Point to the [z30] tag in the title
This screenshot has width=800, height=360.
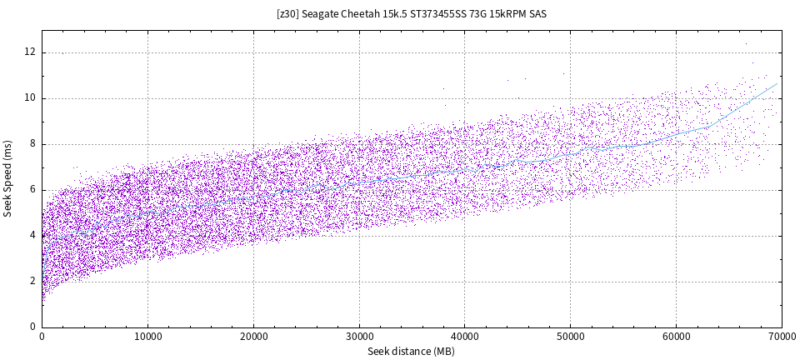288,14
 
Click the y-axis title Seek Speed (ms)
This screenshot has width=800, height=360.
8,178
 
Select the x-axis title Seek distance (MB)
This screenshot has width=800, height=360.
411,352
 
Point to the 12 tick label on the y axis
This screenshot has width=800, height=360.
30,52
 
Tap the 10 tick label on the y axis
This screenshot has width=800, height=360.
30,98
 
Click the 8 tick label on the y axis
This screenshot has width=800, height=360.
32,144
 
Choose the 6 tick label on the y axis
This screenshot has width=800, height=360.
32,190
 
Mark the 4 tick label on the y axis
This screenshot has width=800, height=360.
32,236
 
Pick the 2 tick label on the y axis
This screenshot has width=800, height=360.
32,282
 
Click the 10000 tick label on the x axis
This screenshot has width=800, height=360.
147,337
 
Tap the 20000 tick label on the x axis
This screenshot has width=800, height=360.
253,337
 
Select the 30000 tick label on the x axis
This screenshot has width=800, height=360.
358,337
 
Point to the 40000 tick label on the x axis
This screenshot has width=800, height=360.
464,337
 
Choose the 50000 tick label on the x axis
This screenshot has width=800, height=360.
570,337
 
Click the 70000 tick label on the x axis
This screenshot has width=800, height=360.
780,337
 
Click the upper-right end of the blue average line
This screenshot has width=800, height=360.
777,83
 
